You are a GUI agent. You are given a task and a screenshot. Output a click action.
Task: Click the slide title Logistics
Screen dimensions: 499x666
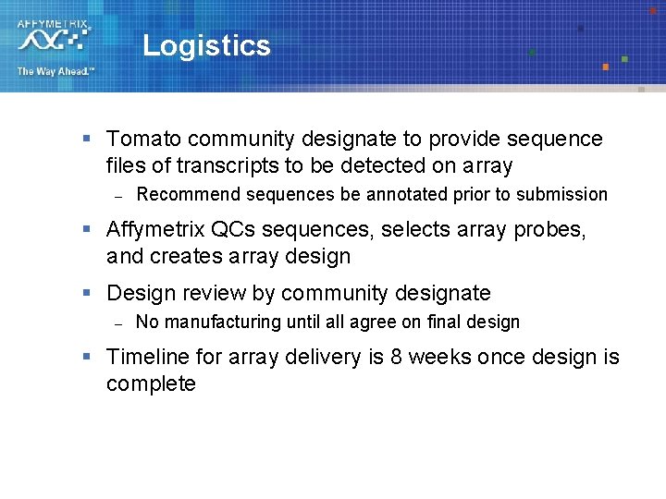coord(206,46)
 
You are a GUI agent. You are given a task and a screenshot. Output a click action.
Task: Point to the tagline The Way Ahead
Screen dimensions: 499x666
coord(55,71)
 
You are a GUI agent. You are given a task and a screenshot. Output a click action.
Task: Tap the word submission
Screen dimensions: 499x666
coord(561,195)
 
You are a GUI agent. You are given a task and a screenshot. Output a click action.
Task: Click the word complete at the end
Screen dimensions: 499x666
coord(151,384)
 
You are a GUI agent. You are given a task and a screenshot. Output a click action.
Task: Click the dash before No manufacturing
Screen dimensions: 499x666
coord(117,323)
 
